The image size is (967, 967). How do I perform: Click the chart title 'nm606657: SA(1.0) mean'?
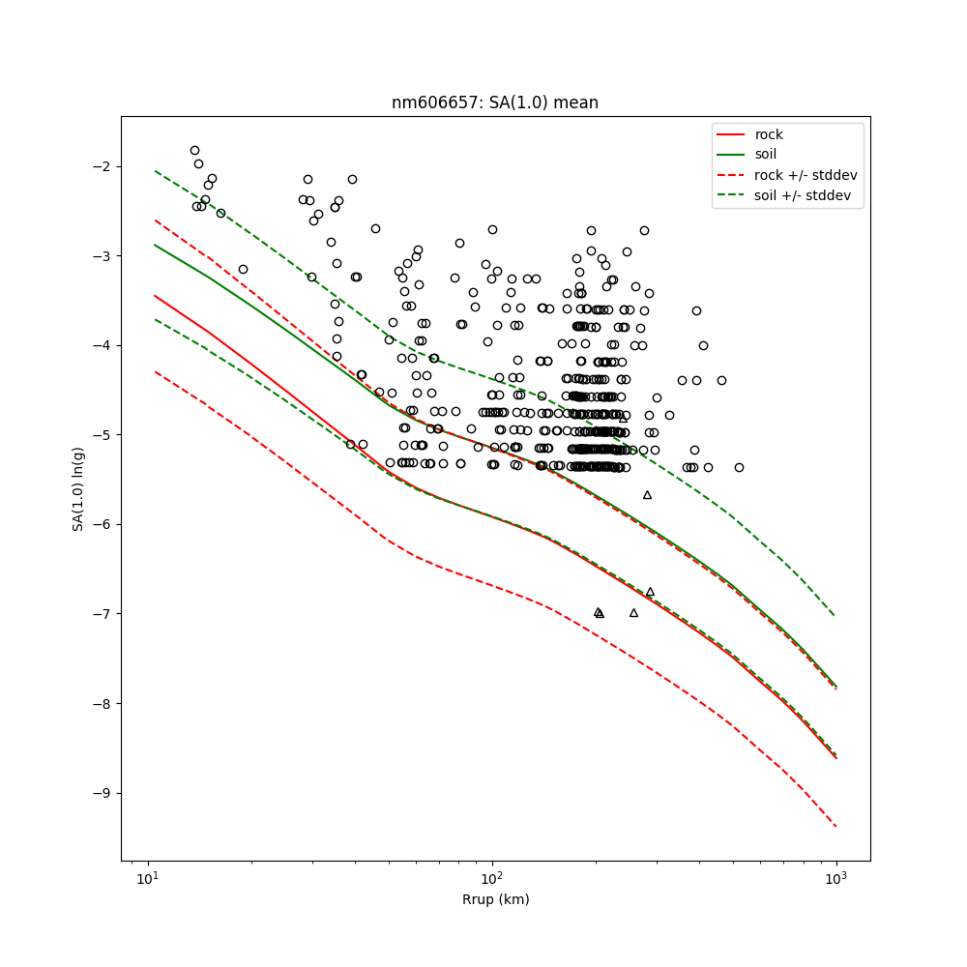tap(494, 103)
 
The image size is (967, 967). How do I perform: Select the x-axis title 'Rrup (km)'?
tap(495, 899)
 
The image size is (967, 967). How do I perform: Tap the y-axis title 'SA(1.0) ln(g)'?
tap(77, 488)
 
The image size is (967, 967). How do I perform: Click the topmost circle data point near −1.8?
tap(194, 150)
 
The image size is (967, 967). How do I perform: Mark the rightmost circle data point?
tap(739, 467)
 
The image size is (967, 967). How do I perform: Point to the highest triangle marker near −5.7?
tap(647, 495)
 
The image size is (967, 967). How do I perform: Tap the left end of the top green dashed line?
tap(155, 171)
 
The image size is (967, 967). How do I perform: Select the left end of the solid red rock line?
tap(155, 296)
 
